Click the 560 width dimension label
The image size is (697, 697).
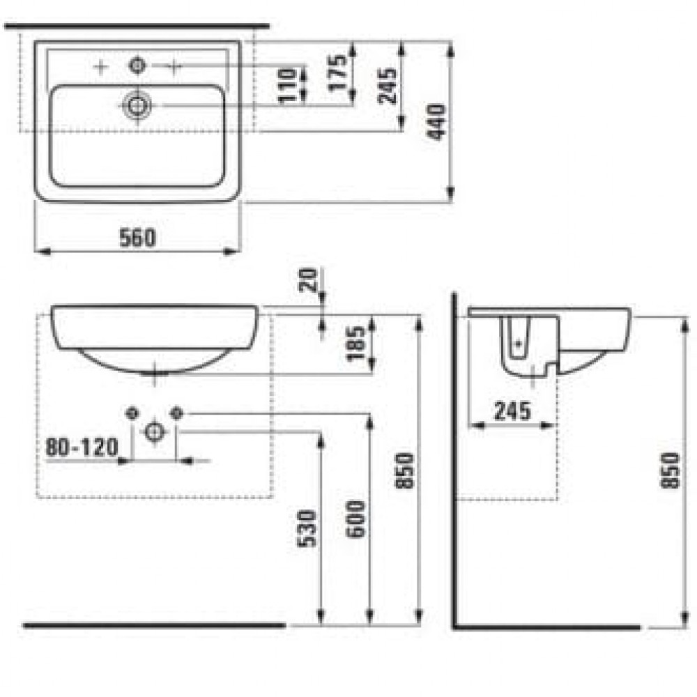[x=138, y=238]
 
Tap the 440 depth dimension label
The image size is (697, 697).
[x=437, y=122]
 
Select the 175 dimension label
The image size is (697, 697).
[x=338, y=73]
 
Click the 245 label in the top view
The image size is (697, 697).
[x=387, y=86]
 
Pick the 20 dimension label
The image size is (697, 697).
[x=307, y=279]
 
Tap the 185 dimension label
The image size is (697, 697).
[x=356, y=344]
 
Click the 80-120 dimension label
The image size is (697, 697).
[x=82, y=447]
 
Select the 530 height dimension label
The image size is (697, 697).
[x=307, y=528]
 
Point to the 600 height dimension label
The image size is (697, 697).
[x=355, y=519]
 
